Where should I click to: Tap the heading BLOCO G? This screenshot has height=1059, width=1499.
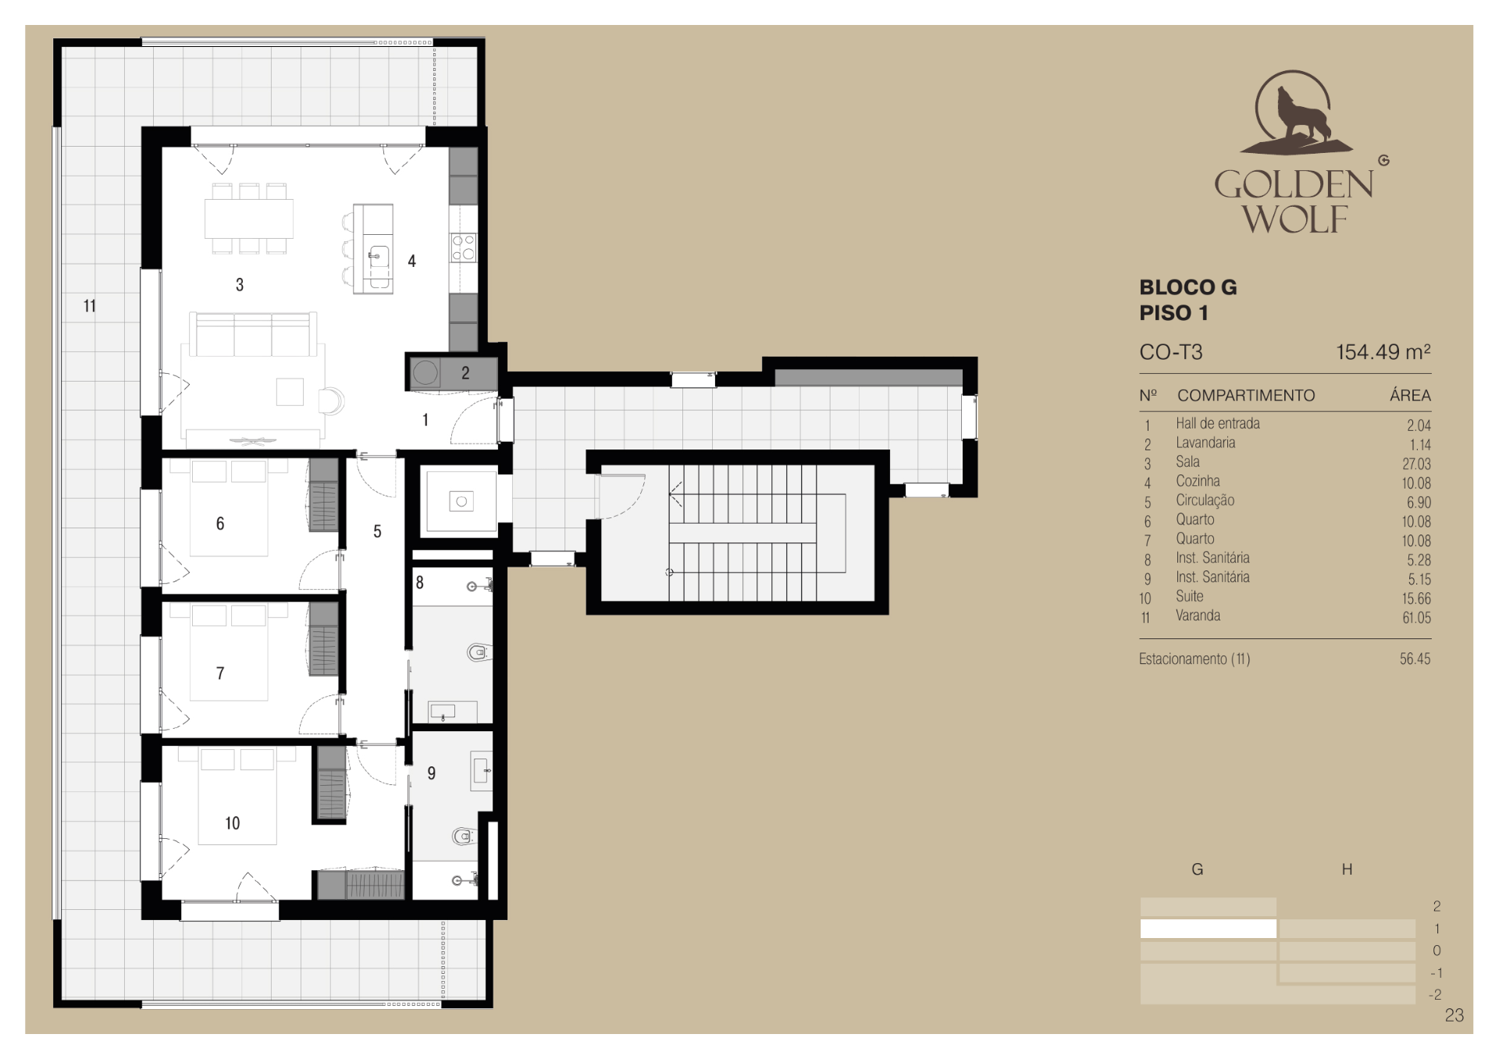(1187, 287)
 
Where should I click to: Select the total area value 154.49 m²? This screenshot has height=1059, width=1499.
(1383, 352)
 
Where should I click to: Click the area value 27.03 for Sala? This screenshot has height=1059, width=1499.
(1416, 464)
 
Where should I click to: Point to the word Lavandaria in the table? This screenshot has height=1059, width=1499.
(1205, 442)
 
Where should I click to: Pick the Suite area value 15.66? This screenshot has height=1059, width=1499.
(1416, 599)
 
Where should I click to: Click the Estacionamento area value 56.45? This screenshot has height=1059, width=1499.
(1415, 659)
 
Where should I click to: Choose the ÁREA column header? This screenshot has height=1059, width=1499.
(1410, 396)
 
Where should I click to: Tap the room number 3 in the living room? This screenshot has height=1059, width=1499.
(240, 285)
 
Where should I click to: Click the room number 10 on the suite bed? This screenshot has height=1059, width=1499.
(232, 823)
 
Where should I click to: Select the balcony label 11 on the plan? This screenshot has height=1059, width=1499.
(90, 306)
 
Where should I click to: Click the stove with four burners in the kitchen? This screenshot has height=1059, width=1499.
(463, 247)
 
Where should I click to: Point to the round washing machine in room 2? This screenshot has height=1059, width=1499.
(425, 373)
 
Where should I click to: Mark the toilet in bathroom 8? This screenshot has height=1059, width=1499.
(479, 652)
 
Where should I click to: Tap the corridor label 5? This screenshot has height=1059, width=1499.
(377, 531)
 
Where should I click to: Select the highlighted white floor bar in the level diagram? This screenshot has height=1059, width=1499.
(1208, 929)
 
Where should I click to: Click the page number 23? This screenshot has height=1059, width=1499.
(1454, 1015)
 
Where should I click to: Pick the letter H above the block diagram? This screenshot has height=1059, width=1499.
(1347, 869)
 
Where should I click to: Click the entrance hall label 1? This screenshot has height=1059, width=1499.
(425, 420)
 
